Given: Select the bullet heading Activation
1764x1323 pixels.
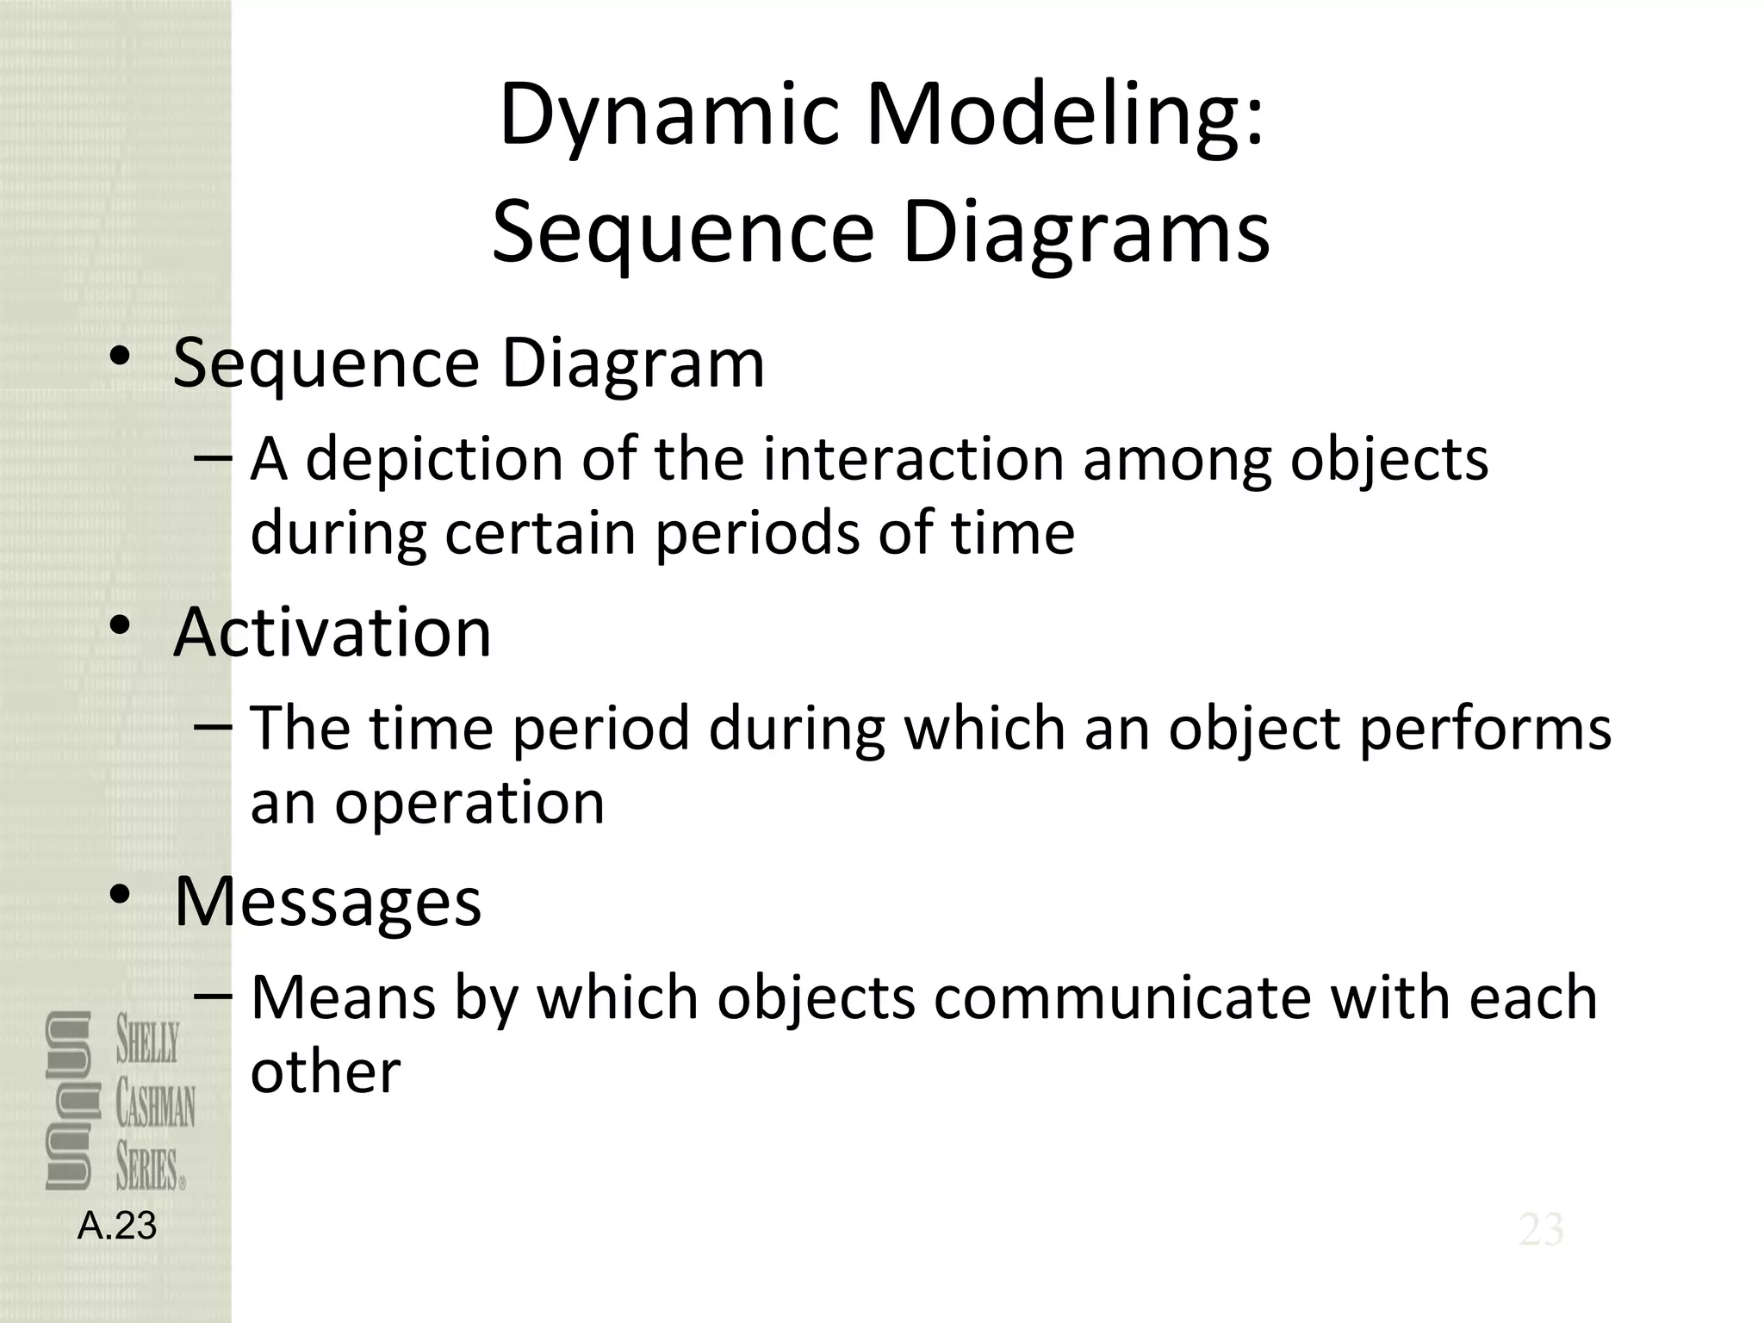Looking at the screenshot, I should [332, 632].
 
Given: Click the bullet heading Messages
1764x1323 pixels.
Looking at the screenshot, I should [327, 901].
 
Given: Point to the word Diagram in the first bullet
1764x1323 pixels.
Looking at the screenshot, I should [632, 363].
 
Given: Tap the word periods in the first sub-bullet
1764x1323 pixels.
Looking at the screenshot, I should [758, 534].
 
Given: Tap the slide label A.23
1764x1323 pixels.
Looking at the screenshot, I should [117, 1226].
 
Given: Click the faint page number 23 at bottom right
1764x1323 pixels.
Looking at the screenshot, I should [1541, 1230].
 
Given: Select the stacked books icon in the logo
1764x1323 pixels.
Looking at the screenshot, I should [68, 1101].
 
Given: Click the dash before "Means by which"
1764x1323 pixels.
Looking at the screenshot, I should [213, 996].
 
